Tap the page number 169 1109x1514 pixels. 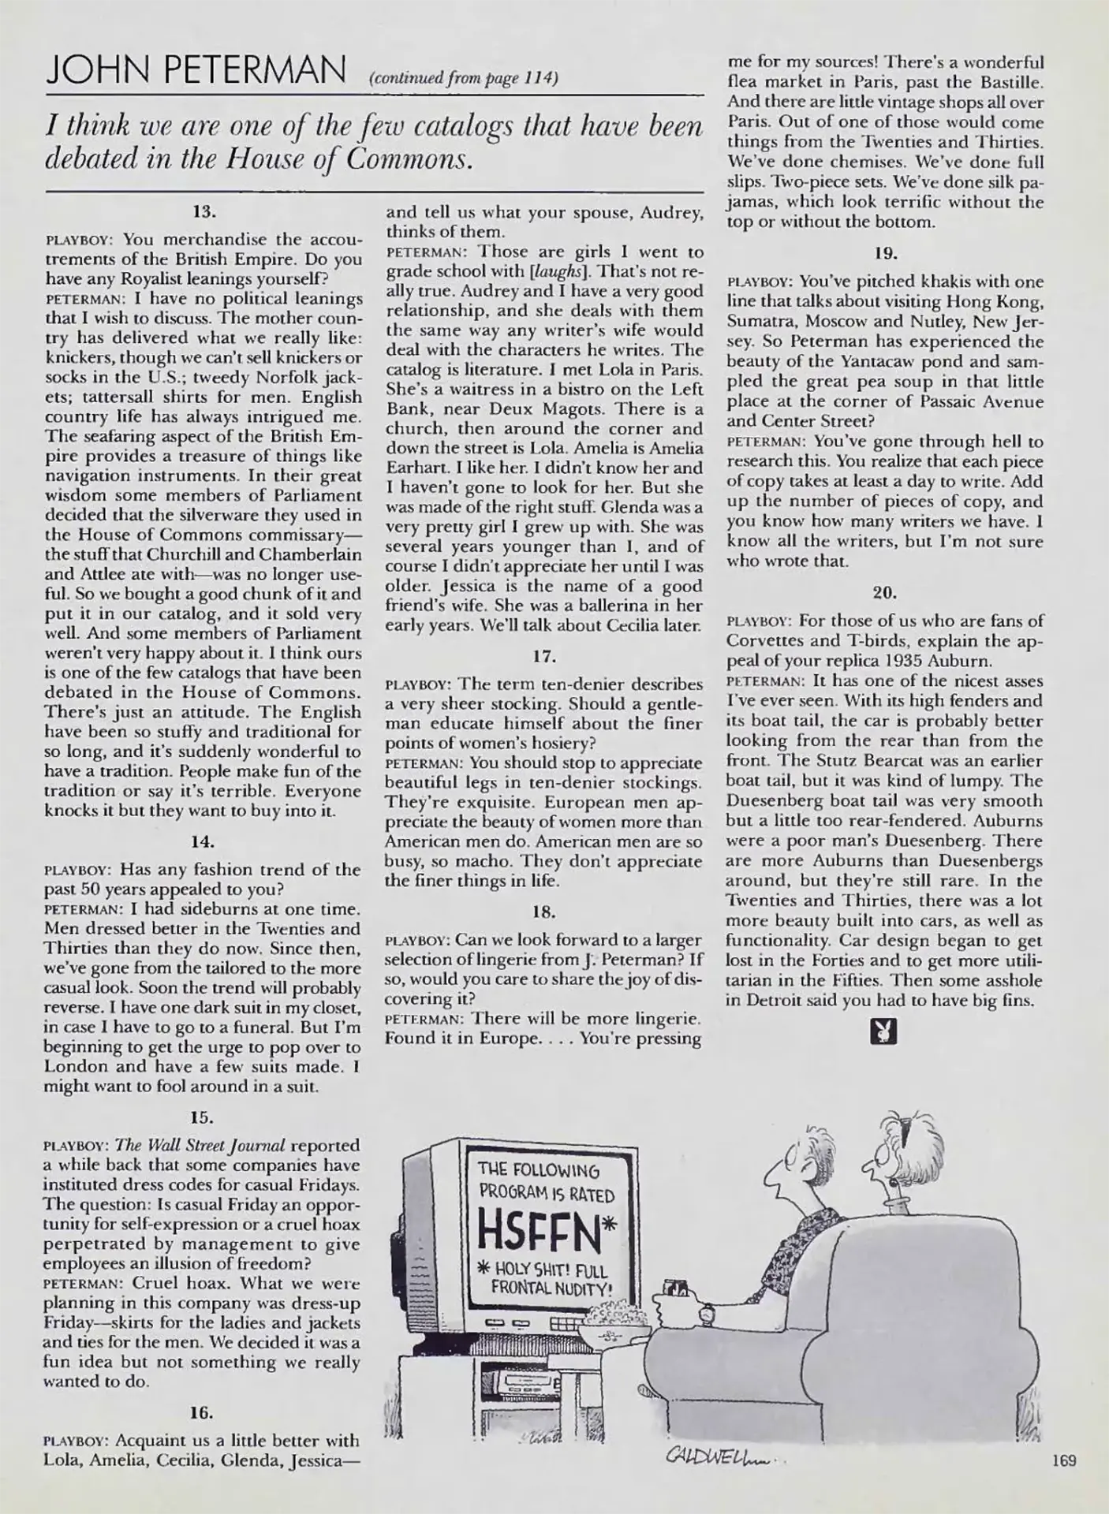(x=1064, y=1460)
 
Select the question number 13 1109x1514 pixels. (x=204, y=211)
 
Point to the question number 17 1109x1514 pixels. (x=544, y=655)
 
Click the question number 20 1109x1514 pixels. (x=884, y=591)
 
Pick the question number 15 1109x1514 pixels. (x=203, y=1117)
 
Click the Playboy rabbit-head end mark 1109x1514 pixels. (x=882, y=1031)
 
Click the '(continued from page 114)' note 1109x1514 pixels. (x=463, y=78)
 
